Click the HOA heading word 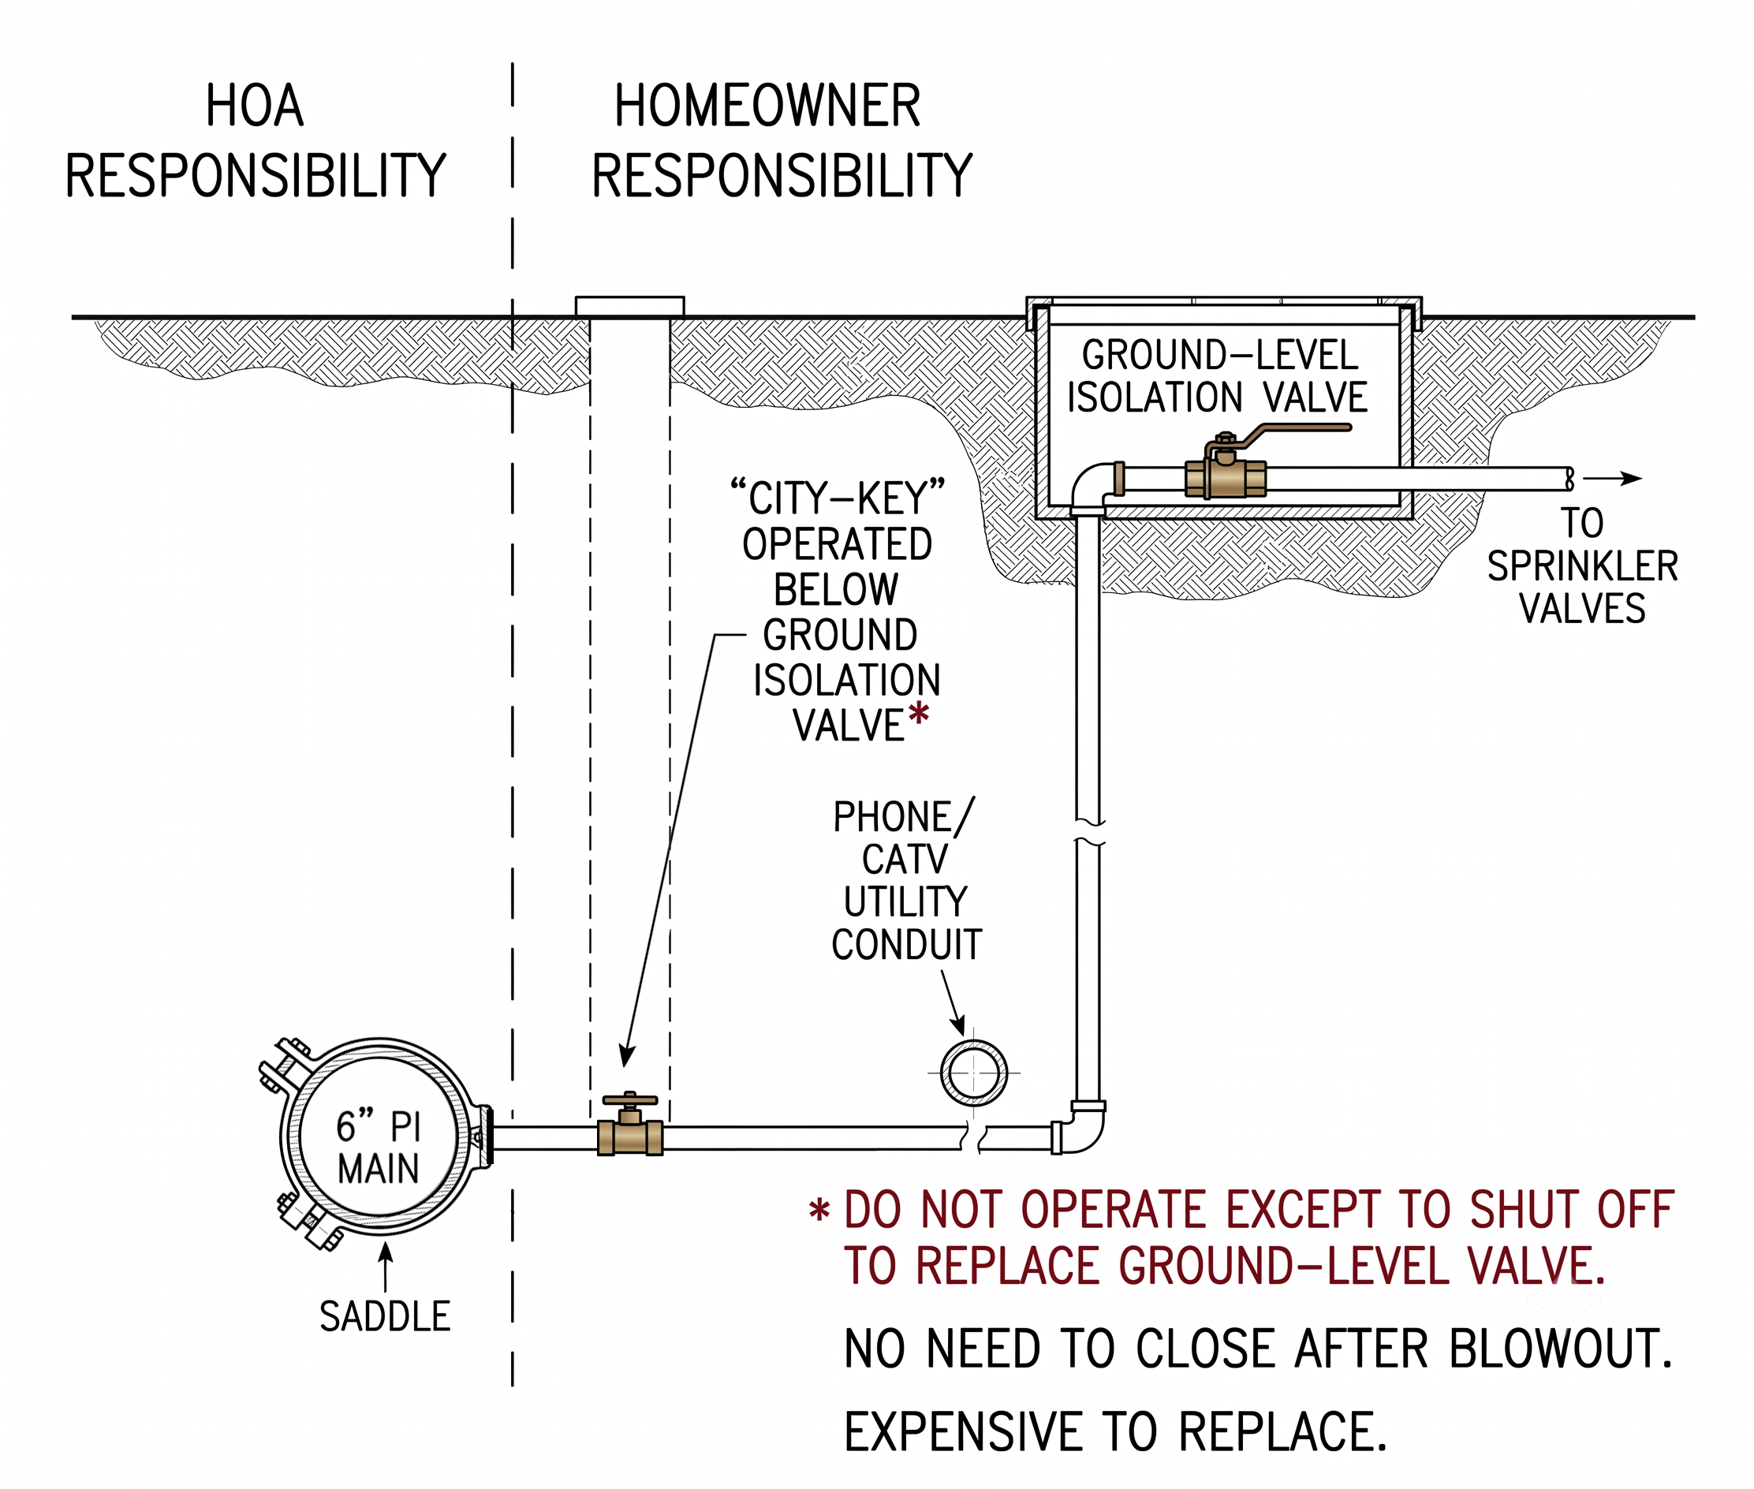(x=254, y=106)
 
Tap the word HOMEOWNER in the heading (x=767, y=106)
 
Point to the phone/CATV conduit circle (x=973, y=1073)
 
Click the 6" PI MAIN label (x=377, y=1148)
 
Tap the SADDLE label (x=385, y=1317)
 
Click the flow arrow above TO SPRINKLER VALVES (x=1612, y=479)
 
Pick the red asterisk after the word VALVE (x=918, y=714)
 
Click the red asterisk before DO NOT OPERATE (x=819, y=1211)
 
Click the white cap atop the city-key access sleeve (x=629, y=307)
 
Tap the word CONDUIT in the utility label (x=906, y=945)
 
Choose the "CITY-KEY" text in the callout (x=838, y=497)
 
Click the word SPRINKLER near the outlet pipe (x=1583, y=565)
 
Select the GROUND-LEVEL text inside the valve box (x=1221, y=355)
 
